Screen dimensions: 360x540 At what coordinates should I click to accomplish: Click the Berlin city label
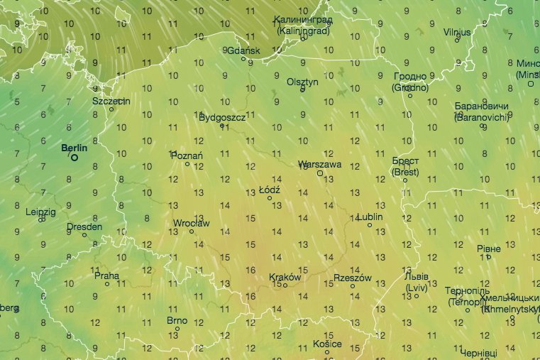coord(74,148)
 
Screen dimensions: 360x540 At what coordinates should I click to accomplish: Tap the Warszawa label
coord(320,164)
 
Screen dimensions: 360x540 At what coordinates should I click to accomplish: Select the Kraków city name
coord(285,278)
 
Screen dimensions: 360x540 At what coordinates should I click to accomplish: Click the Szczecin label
coord(111,101)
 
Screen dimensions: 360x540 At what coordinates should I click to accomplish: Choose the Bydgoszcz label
coord(222,117)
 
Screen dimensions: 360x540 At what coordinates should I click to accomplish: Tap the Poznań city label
coord(188,156)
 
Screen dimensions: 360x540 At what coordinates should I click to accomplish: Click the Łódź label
coord(270,190)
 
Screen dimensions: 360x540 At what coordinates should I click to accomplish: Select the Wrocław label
coord(191,223)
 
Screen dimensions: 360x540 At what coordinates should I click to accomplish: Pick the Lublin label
coord(370,217)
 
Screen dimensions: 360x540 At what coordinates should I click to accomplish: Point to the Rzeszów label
coord(352,278)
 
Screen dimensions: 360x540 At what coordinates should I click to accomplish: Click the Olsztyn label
coord(302,82)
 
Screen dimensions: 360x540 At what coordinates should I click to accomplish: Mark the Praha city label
coord(106,276)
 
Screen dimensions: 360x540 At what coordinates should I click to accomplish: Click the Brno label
coord(177,320)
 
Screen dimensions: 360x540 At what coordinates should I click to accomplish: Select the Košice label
coord(326,344)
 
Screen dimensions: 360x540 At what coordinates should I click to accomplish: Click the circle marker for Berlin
coord(74,157)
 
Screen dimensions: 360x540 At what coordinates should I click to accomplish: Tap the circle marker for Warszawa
coord(320,173)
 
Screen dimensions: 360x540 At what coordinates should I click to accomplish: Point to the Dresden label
coord(84,227)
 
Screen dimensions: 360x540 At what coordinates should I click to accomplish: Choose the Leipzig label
coord(40,212)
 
